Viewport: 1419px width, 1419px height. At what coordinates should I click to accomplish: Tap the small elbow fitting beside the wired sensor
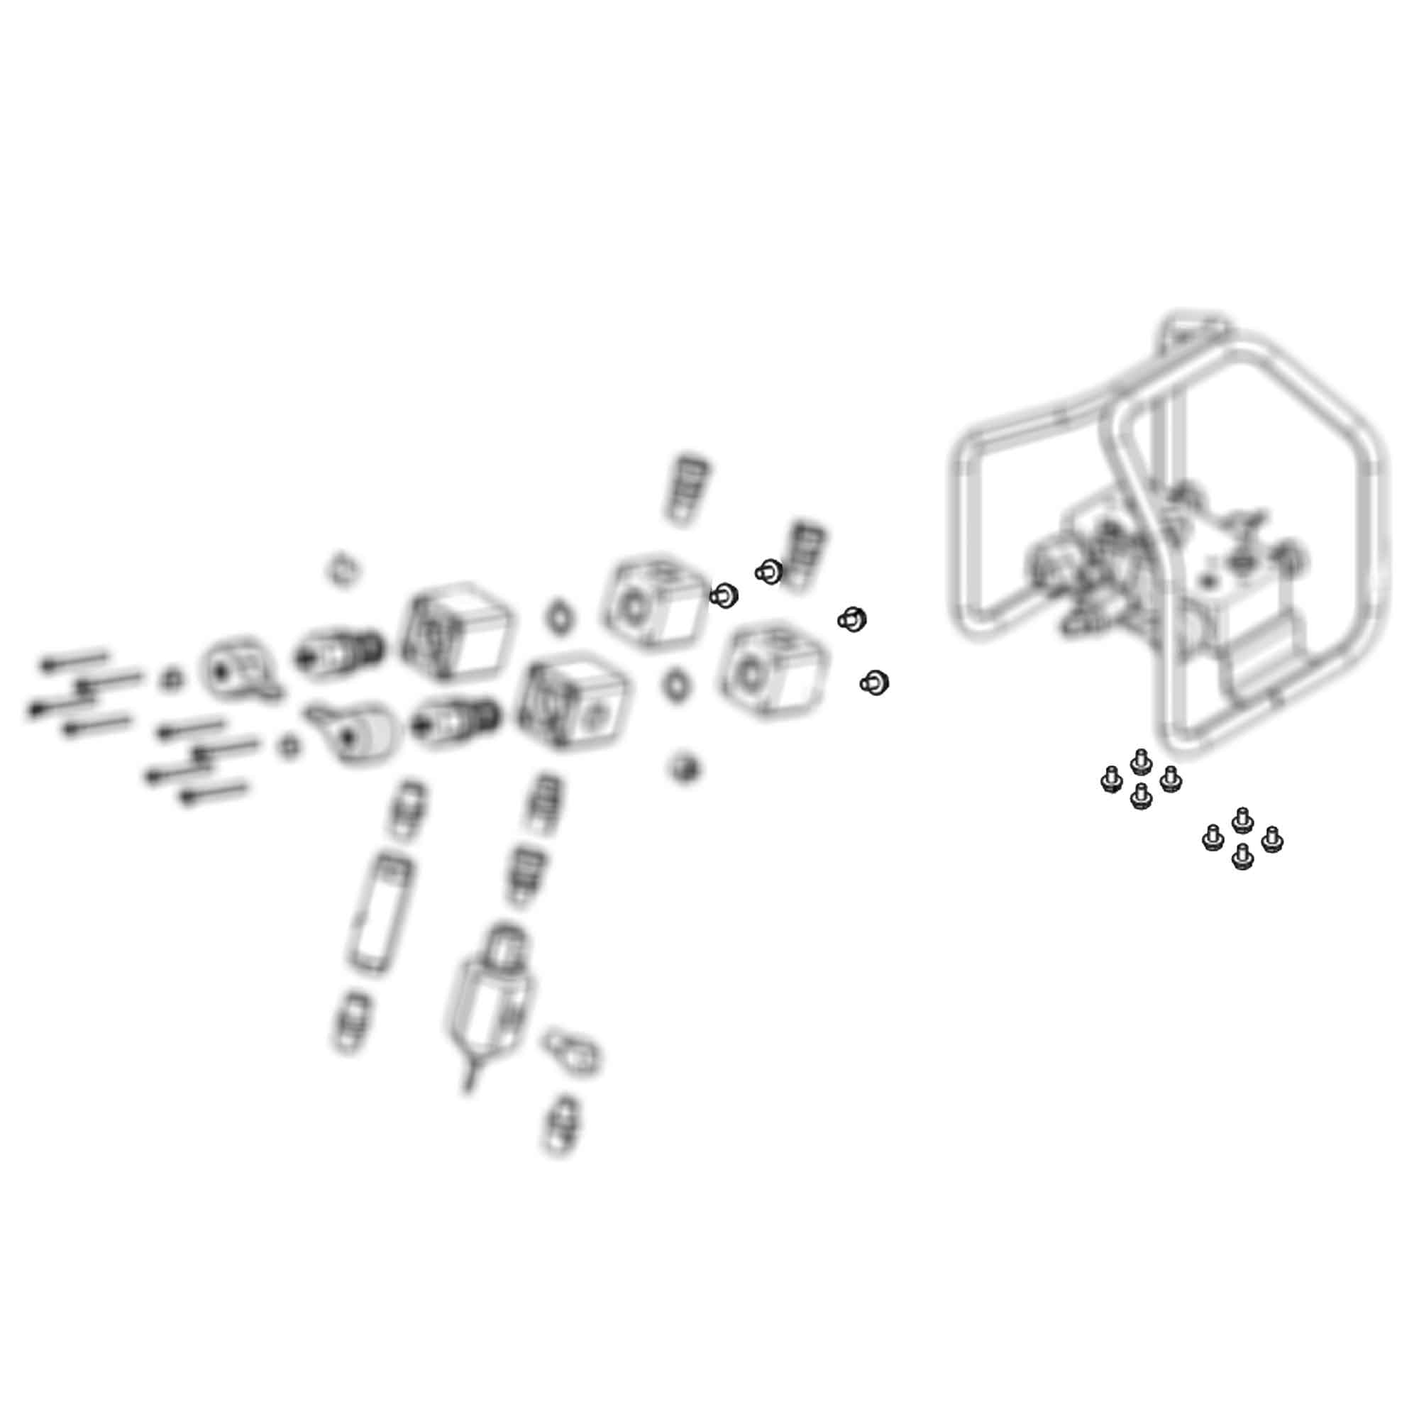click(572, 1051)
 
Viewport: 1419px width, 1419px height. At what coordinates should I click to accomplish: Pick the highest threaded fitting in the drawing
click(686, 488)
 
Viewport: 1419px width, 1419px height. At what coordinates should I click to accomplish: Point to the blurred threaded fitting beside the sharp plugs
click(805, 556)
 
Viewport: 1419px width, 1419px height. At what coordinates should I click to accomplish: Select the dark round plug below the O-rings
click(684, 768)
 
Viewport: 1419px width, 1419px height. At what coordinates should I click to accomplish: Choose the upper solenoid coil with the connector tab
click(238, 669)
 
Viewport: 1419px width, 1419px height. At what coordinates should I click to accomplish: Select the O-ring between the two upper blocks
click(560, 615)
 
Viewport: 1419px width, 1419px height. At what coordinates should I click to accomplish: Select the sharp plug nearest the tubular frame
click(874, 683)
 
